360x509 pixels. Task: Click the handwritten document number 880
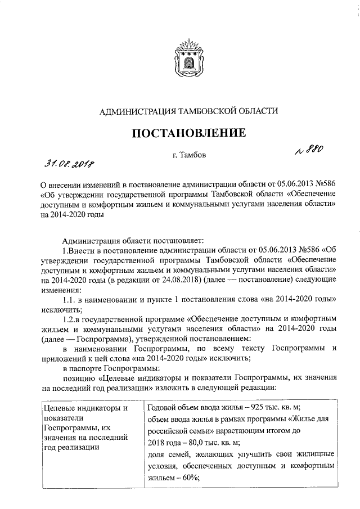pyautogui.click(x=308, y=148)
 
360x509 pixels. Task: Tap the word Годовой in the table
pyautogui.click(x=163, y=408)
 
